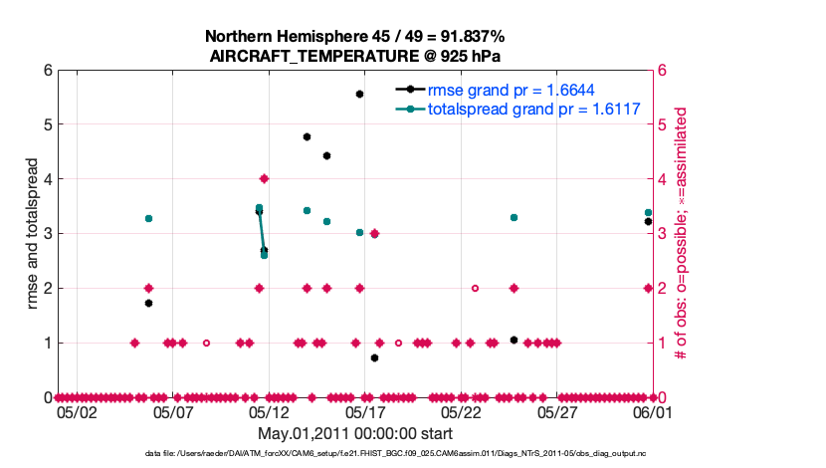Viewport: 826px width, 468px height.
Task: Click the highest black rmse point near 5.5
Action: [359, 94]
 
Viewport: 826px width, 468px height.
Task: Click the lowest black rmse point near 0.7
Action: [374, 357]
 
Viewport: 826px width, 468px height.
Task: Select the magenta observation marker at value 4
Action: [264, 178]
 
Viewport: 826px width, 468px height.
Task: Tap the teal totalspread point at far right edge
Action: [648, 212]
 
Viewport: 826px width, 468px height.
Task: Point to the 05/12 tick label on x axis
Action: [269, 411]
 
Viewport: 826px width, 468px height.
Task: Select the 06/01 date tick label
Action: [654, 411]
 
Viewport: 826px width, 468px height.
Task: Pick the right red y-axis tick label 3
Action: [661, 233]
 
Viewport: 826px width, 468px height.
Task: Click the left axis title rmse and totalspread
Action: [32, 234]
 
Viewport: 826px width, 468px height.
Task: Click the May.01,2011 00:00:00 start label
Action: [355, 433]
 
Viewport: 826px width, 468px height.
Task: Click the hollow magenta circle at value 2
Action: [475, 288]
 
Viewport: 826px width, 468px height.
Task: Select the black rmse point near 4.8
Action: [307, 136]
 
